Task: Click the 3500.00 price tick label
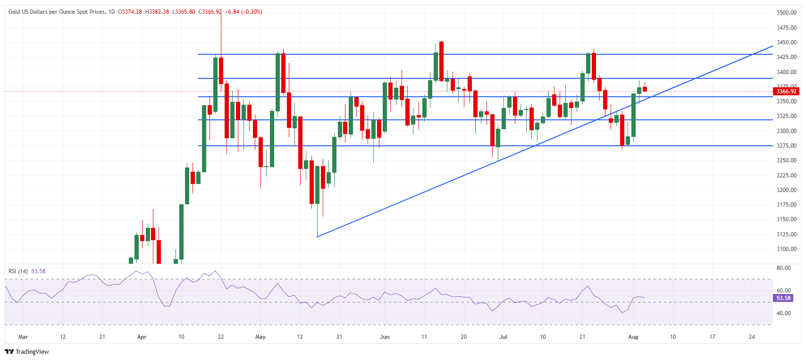[786, 13]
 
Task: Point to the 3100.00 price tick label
[786, 249]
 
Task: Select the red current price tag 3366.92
[786, 92]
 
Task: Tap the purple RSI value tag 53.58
[783, 298]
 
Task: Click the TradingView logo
[27, 352]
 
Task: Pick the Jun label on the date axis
[385, 337]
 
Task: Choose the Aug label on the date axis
[633, 337]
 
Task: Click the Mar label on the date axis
[23, 337]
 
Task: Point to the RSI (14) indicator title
[18, 271]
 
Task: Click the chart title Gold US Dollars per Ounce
[57, 12]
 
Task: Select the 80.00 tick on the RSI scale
[783, 268]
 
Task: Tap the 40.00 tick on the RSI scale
[783, 313]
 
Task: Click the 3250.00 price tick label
[786, 160]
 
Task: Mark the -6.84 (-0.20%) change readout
[244, 12]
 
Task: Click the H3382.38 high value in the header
[157, 12]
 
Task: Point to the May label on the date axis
[260, 337]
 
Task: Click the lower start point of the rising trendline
[317, 237]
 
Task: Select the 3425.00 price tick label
[786, 57]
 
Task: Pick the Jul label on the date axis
[504, 337]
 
